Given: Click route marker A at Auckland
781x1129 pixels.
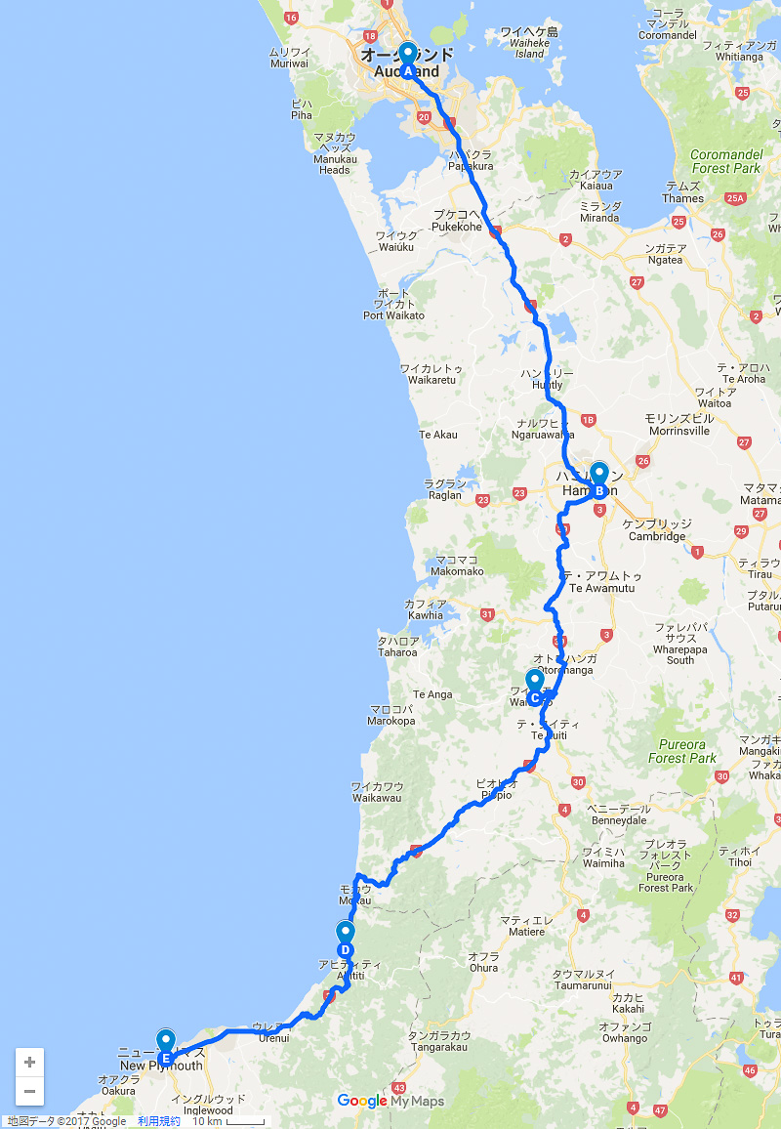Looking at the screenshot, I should click(407, 61).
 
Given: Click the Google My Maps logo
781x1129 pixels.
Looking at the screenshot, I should click(390, 1101).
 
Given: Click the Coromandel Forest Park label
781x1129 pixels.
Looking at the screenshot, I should click(724, 161).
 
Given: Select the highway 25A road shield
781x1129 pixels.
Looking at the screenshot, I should click(735, 198).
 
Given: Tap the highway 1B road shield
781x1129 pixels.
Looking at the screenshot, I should click(588, 420).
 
